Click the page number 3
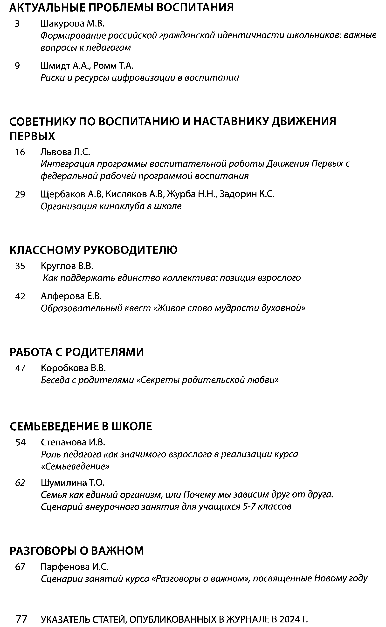(17, 24)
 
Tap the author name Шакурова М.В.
(73, 24)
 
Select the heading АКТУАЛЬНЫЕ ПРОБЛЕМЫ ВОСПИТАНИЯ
(121, 8)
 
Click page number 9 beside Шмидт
(17, 66)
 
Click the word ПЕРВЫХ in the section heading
(32, 136)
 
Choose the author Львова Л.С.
(65, 152)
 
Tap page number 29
(20, 194)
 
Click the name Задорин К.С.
(247, 194)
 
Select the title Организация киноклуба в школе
(111, 206)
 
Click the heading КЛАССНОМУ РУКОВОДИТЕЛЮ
(93, 250)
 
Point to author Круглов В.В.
(67, 266)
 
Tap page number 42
(20, 296)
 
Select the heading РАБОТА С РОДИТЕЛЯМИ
(76, 352)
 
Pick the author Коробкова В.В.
(73, 368)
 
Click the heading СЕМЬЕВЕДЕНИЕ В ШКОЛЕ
(81, 426)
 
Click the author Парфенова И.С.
(75, 567)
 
